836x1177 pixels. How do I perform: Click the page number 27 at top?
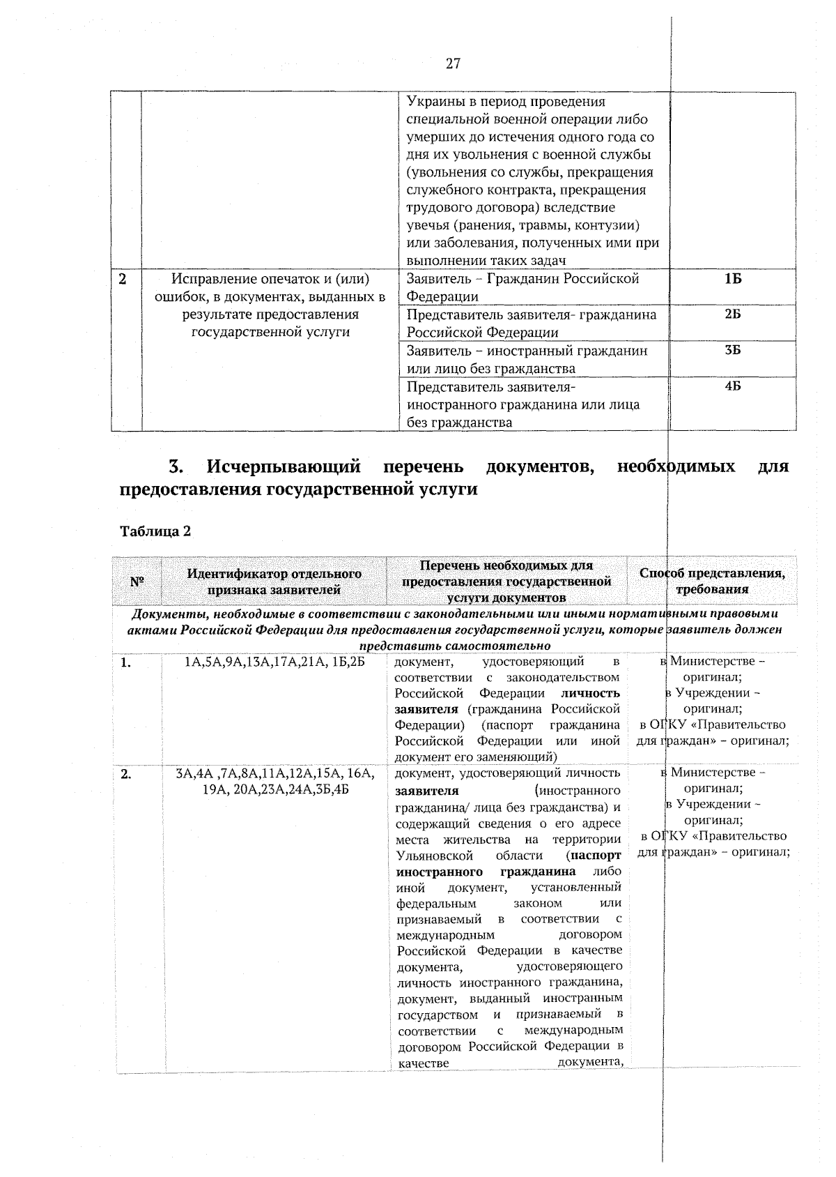(x=452, y=64)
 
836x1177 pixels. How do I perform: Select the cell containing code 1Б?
(x=732, y=279)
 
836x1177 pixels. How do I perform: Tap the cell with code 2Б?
(x=732, y=315)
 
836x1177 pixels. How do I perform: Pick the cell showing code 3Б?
(x=732, y=351)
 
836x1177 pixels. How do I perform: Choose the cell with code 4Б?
(x=732, y=387)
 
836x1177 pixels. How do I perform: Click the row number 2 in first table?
(x=123, y=279)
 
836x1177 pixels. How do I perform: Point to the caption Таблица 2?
(x=155, y=531)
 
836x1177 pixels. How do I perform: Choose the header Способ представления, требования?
(x=712, y=581)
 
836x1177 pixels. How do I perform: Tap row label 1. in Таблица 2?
(x=125, y=663)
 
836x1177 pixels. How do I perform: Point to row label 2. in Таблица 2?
(x=126, y=774)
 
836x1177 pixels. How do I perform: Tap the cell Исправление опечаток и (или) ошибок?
(x=270, y=305)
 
